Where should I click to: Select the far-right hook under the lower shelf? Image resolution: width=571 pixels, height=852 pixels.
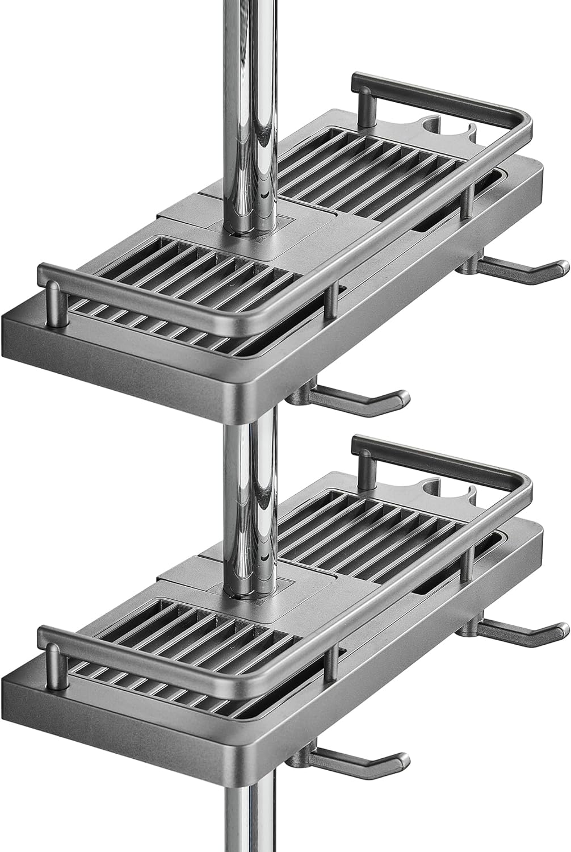[x=522, y=630]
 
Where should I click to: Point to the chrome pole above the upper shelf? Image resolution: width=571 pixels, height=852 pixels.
[x=250, y=85]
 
